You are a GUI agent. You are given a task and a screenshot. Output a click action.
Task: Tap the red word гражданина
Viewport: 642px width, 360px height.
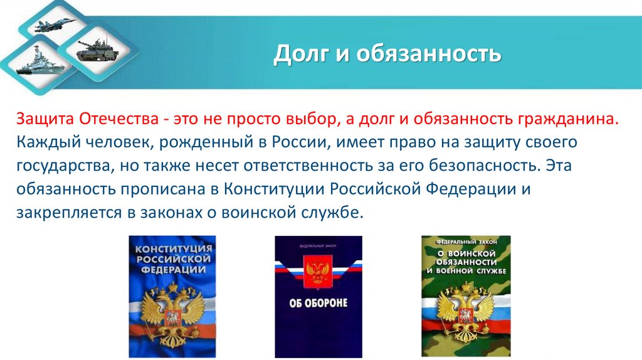point(568,119)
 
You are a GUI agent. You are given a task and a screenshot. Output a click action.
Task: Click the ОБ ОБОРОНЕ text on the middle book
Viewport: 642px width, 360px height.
point(318,304)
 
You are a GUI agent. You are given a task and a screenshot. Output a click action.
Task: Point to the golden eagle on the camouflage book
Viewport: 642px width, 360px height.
point(466,308)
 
